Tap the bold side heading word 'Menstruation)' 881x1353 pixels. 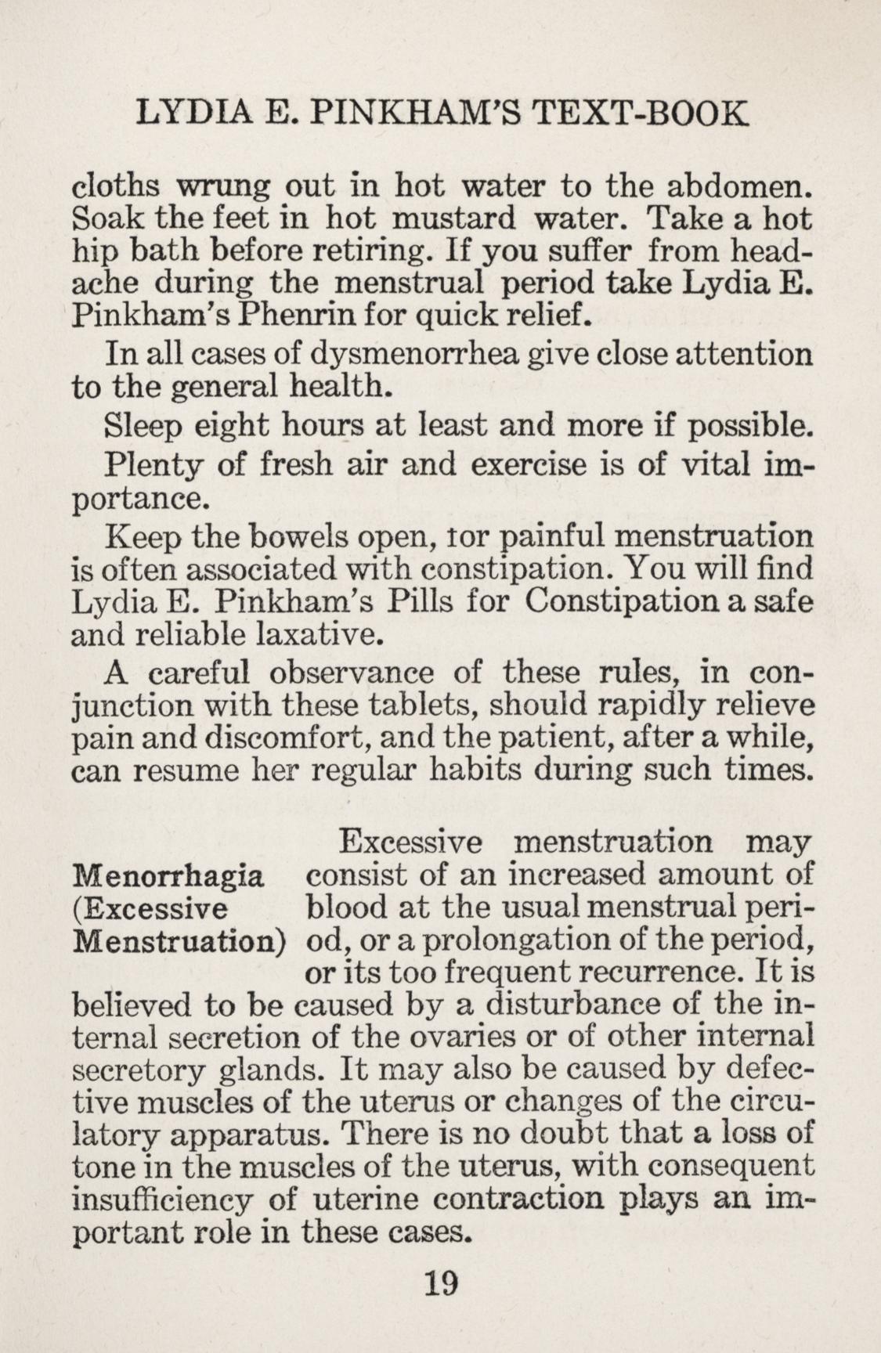tap(177, 940)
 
